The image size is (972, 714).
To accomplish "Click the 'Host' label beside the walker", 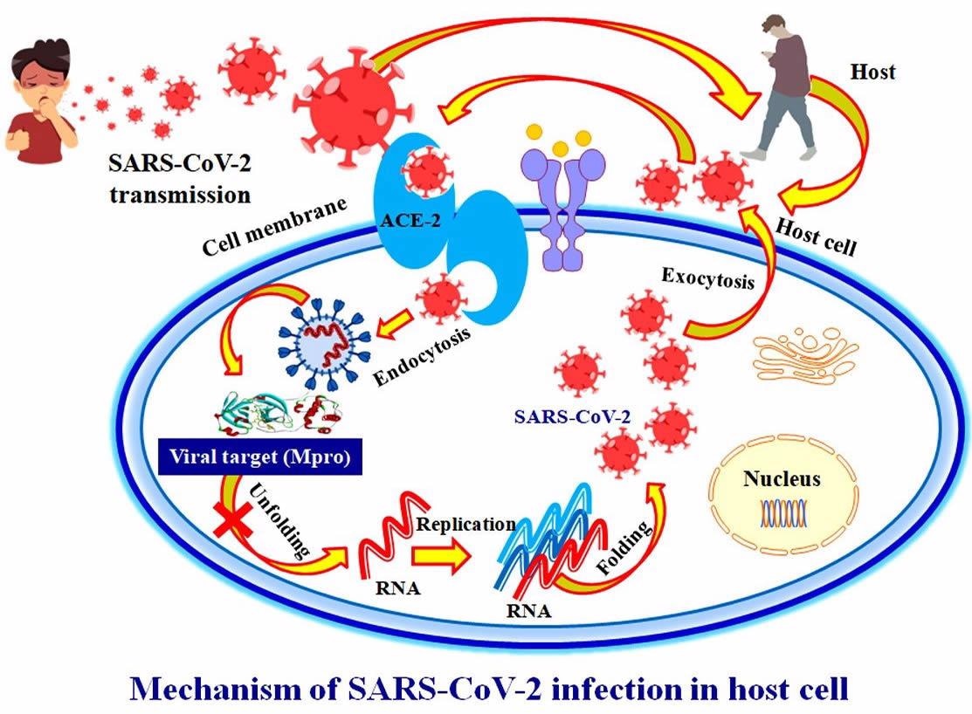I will pos(872,72).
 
